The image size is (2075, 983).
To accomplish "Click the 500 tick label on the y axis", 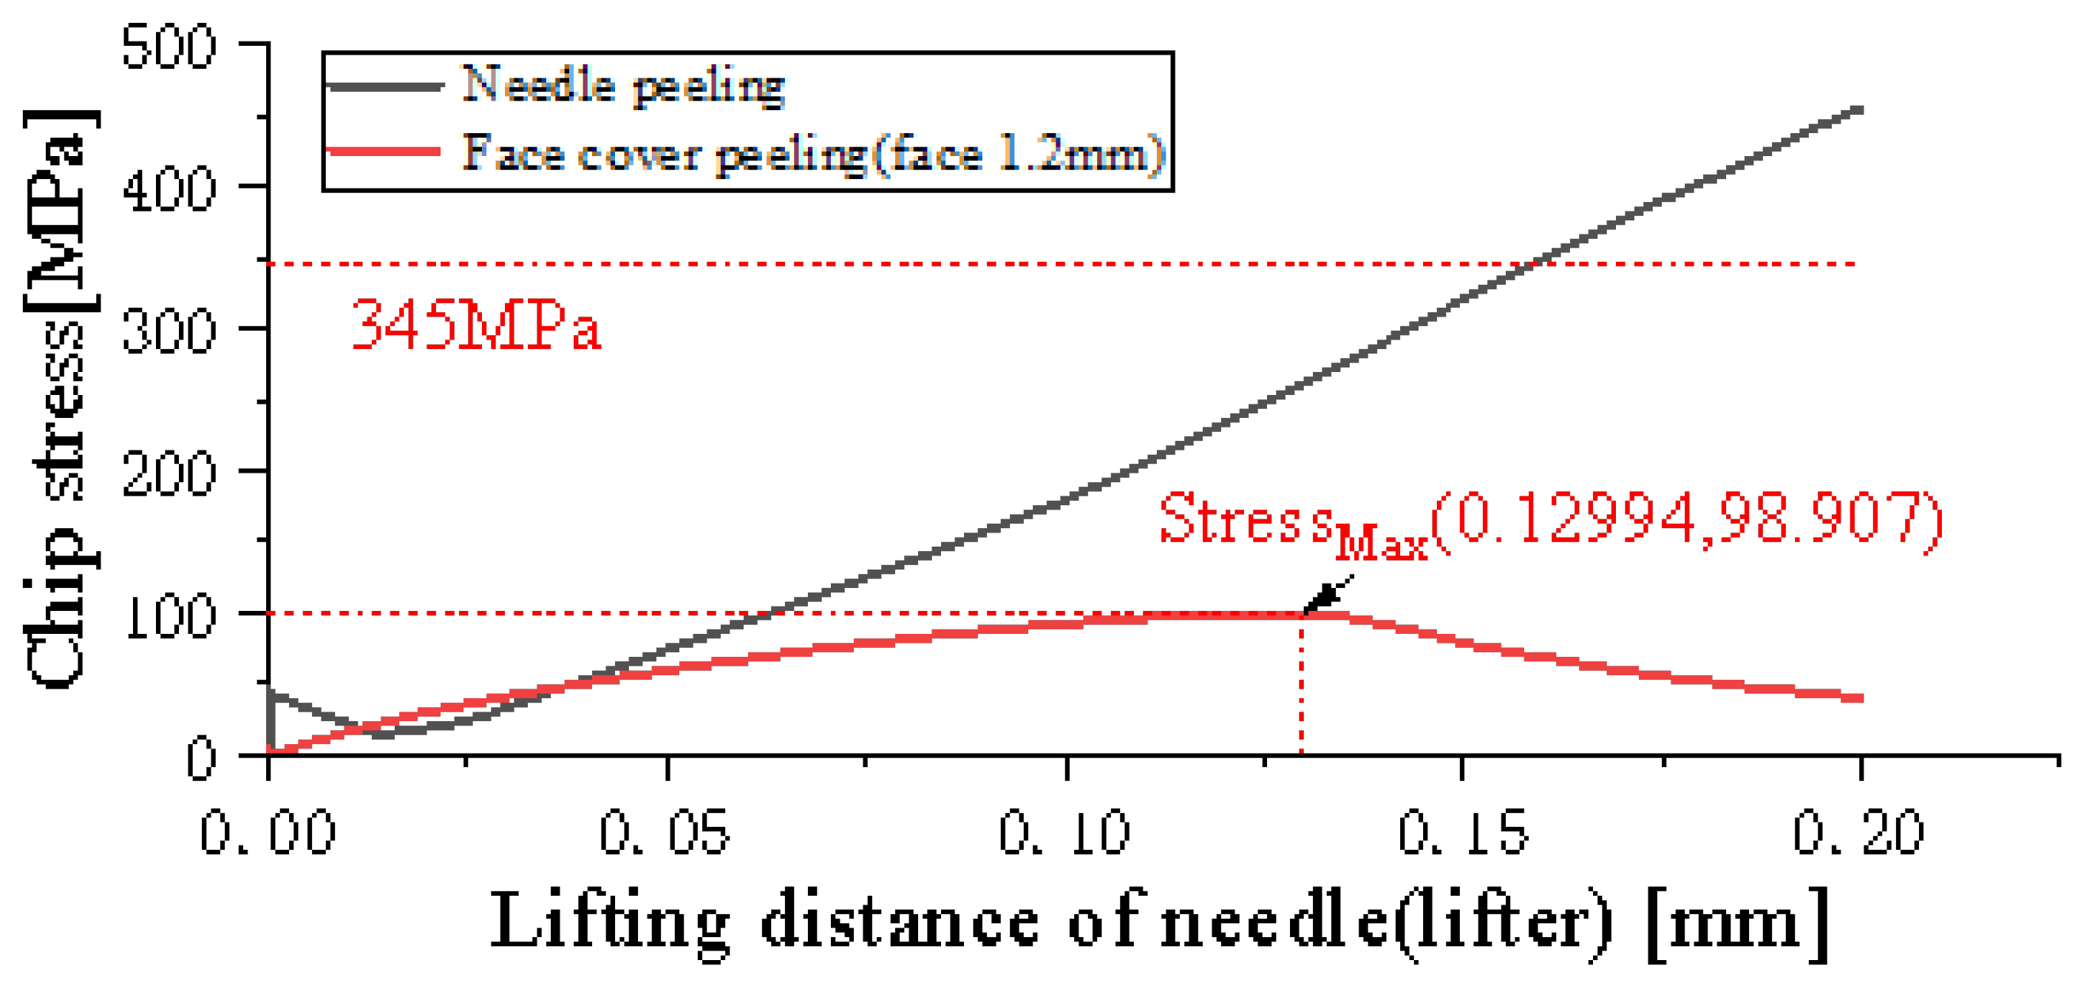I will [x=169, y=47].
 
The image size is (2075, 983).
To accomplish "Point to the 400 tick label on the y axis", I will [x=169, y=191].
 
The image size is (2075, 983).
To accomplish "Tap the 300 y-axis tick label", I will [x=169, y=332].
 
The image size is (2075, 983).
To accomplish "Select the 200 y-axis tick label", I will [x=169, y=475].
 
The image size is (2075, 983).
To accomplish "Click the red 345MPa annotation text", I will [x=476, y=325].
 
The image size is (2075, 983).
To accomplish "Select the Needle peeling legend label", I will [x=622, y=85].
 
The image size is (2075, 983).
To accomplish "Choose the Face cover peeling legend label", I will [x=814, y=153].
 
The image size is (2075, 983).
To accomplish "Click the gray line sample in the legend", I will [x=385, y=85].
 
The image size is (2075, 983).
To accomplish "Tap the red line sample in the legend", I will [x=385, y=152].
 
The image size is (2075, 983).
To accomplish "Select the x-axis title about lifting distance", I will [x=1160, y=922].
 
